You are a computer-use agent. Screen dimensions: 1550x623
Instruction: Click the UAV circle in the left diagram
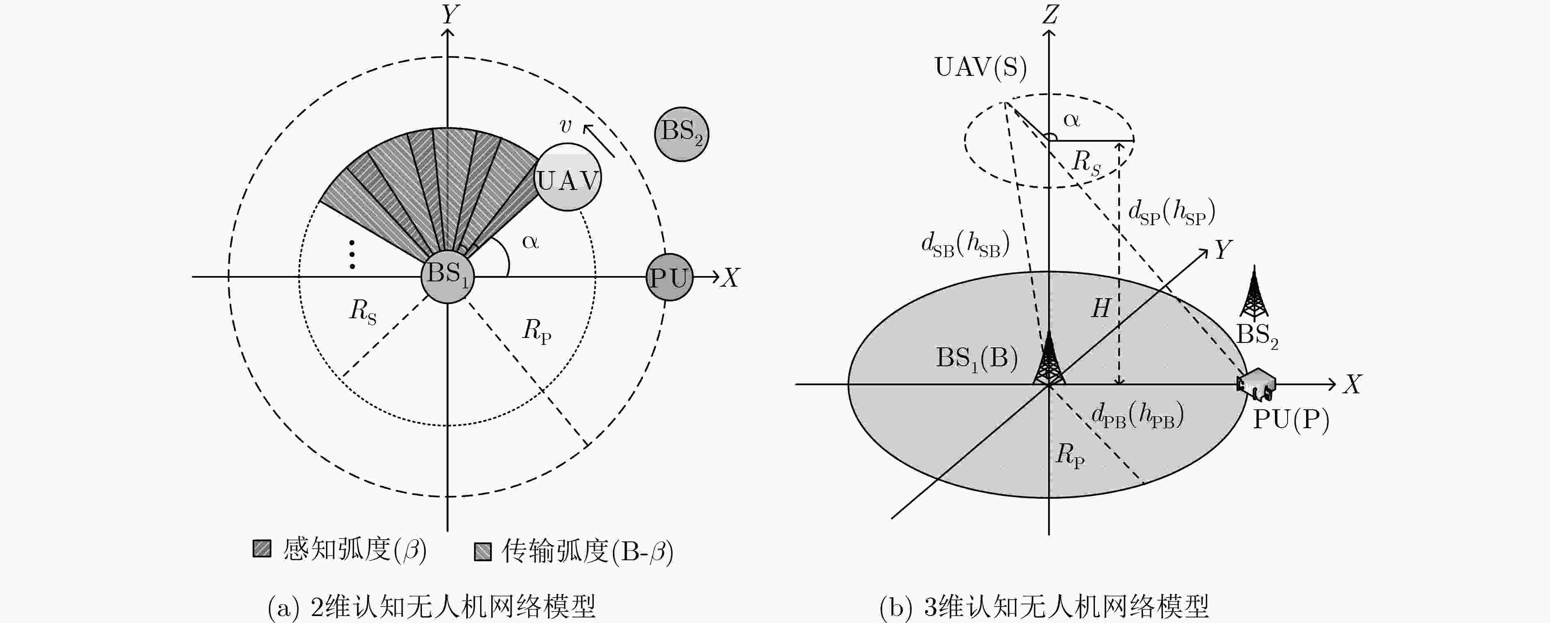tap(568, 177)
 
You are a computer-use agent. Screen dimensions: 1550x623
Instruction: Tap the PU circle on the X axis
tap(669, 278)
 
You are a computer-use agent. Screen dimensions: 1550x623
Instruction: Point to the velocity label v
tap(565, 126)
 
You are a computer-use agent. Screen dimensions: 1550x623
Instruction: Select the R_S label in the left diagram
tap(363, 312)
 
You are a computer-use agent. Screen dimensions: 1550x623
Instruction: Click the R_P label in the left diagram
tap(537, 331)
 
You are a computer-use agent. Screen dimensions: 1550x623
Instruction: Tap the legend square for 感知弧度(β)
tap(262, 548)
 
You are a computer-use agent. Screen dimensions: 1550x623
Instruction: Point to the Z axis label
tap(1050, 14)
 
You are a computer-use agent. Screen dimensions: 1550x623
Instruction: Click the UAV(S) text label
tap(981, 67)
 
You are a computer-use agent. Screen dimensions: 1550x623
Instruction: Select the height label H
tap(1101, 308)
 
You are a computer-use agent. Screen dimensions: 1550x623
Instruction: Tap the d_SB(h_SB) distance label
tap(965, 245)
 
